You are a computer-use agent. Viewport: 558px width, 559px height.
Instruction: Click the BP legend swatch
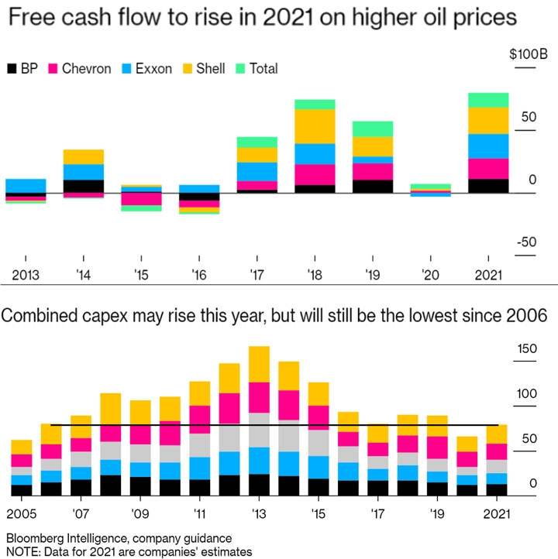tap(12, 69)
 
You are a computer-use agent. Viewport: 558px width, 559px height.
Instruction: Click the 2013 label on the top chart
tap(26, 275)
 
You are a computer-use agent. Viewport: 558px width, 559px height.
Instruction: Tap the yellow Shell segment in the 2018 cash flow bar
tap(315, 126)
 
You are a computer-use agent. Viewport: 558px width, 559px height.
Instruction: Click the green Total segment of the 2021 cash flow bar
tap(488, 100)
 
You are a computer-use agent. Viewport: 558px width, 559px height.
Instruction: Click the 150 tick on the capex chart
tap(526, 348)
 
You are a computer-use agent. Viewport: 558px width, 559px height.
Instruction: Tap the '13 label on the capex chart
tap(259, 514)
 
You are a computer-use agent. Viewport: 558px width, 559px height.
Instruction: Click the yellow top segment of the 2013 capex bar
tap(259, 364)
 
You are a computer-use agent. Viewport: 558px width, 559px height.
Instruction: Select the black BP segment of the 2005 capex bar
tap(22, 490)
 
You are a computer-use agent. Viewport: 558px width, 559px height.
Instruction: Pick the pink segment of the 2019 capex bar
tap(437, 448)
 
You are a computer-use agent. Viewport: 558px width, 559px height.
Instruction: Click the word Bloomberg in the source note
tap(35, 537)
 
